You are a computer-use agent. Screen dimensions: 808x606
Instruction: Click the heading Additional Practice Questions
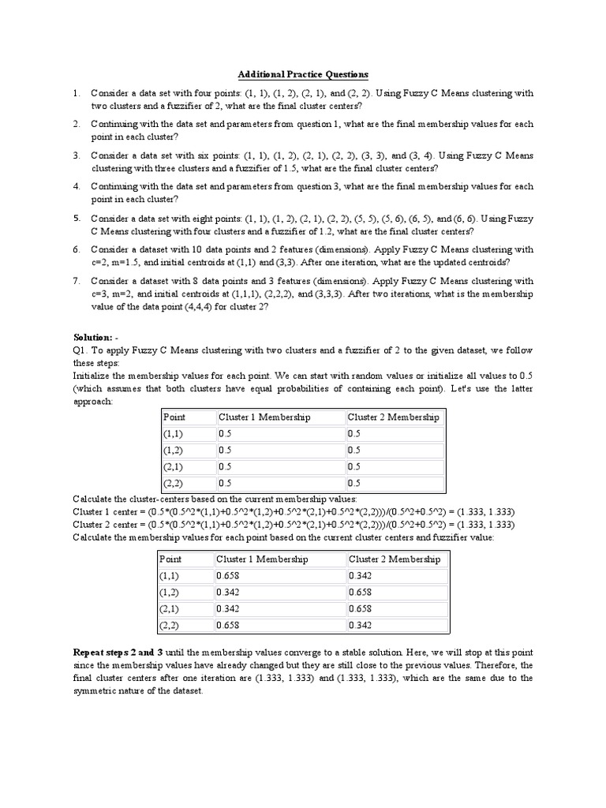click(x=303, y=75)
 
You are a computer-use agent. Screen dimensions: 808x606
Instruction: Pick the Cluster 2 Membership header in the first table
click(x=393, y=417)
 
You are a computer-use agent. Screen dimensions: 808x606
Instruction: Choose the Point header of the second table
click(x=171, y=559)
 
